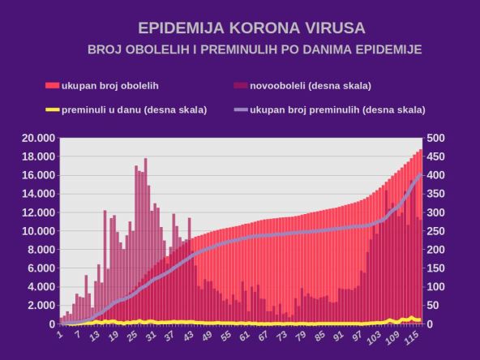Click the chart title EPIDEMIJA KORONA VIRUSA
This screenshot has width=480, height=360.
(240, 28)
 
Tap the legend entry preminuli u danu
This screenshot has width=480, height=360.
(134, 109)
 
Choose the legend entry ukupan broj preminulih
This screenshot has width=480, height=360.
(337, 109)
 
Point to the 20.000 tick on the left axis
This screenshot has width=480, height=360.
(37, 138)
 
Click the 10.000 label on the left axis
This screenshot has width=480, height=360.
(37, 231)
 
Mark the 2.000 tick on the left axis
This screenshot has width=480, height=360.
(40, 306)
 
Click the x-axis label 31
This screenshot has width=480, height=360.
(150, 335)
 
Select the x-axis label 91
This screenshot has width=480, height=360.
(335, 335)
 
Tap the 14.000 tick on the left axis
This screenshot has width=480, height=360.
(37, 194)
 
